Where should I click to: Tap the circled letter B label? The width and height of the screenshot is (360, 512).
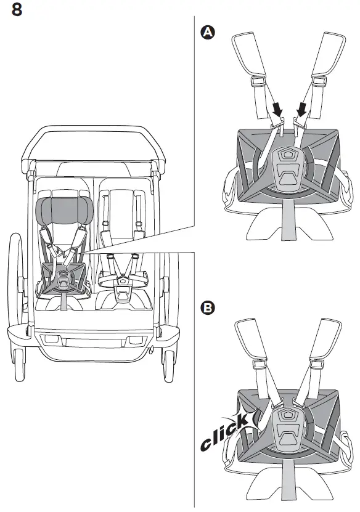[208, 307]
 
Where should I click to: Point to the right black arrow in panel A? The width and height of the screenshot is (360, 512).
[302, 110]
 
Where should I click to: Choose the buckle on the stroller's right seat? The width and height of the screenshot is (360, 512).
[123, 280]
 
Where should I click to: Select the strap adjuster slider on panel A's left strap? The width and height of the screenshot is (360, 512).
[258, 80]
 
